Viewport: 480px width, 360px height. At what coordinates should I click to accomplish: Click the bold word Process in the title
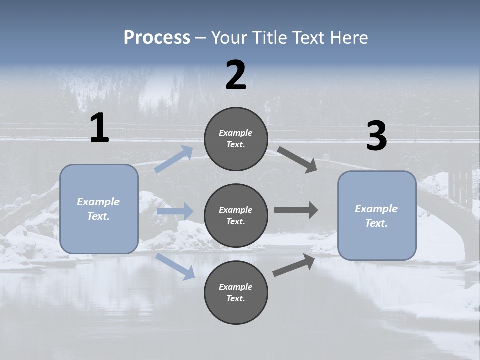coord(157,38)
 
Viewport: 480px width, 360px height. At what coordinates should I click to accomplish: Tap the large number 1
coord(99,128)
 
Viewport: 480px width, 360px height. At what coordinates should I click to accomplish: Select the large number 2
coord(236,75)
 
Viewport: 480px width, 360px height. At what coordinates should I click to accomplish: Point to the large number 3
coord(376,136)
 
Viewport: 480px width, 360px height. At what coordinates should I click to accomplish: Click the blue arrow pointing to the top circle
coord(174,159)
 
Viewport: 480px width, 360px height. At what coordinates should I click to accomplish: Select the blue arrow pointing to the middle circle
coord(175,211)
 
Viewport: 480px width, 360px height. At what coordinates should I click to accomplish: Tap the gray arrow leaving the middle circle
coord(296,210)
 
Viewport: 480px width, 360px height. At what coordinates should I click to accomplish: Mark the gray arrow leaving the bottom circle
coord(294,265)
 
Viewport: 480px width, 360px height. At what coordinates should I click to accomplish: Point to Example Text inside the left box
coord(98,209)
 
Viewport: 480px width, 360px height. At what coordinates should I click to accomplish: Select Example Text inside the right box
coord(376,216)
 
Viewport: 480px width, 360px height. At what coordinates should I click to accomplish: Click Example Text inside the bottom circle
coord(236,293)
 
